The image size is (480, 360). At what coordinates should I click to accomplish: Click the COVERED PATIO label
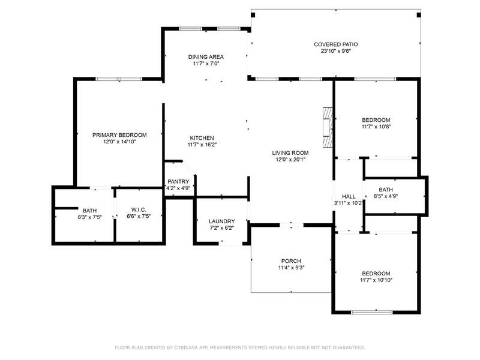click(x=336, y=44)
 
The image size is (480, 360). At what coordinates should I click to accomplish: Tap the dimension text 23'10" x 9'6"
click(x=336, y=51)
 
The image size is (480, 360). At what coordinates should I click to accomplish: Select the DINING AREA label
click(x=206, y=57)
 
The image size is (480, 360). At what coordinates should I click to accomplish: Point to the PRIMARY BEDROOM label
click(x=119, y=135)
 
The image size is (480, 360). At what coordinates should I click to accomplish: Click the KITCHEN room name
click(x=202, y=138)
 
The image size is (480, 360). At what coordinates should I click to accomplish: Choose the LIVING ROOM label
click(x=290, y=153)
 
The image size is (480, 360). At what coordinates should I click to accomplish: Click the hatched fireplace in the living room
click(x=328, y=128)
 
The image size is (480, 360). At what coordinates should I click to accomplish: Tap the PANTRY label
click(x=178, y=182)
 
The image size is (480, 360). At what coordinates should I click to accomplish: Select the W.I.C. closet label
click(x=139, y=209)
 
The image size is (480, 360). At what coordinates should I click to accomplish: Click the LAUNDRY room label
click(x=222, y=221)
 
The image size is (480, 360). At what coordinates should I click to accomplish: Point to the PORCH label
click(x=291, y=261)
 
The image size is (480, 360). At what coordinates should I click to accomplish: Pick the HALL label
click(x=349, y=197)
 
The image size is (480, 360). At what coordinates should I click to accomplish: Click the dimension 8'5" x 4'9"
click(x=386, y=196)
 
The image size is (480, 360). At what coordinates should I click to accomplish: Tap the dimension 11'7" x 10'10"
click(x=376, y=280)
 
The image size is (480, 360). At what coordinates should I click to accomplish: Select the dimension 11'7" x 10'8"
click(x=376, y=127)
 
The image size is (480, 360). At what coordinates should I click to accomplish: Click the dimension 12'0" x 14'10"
click(x=119, y=142)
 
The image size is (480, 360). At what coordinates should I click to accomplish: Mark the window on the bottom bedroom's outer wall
click(x=371, y=312)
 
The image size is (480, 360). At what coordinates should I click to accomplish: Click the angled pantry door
click(x=189, y=169)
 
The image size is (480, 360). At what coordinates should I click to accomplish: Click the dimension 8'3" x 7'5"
click(x=89, y=217)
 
